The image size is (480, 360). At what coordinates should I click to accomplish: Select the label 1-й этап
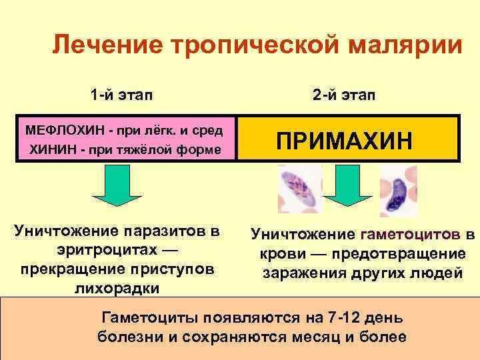[x=121, y=95]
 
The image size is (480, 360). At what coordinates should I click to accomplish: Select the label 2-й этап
[x=344, y=95]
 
